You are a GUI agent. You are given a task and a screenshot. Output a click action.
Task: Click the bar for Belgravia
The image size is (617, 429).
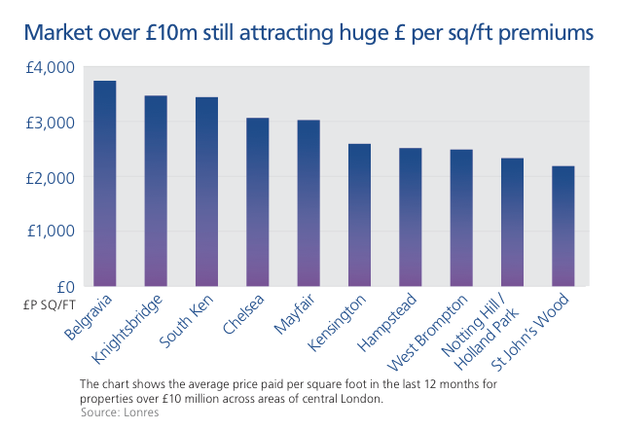pyautogui.click(x=104, y=184)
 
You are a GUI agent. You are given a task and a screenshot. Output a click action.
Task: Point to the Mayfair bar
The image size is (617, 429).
pyautogui.click(x=308, y=203)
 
